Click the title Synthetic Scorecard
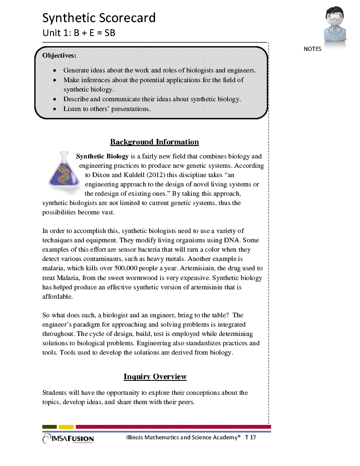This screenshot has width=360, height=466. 99,18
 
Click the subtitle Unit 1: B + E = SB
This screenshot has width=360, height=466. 79,33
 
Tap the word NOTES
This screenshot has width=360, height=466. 313,49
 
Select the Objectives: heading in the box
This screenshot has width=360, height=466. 59,55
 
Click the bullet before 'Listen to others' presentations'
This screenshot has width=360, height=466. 55,109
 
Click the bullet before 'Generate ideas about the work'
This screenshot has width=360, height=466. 55,71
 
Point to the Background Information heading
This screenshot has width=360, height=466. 154,142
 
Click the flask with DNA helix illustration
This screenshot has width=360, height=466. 64,169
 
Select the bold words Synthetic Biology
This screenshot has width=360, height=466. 102,156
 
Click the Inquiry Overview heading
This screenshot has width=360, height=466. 155,377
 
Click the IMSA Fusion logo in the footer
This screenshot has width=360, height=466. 68,439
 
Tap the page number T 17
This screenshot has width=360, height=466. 250,437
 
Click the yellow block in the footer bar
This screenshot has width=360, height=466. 66,427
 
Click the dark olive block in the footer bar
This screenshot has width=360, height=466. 50,427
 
